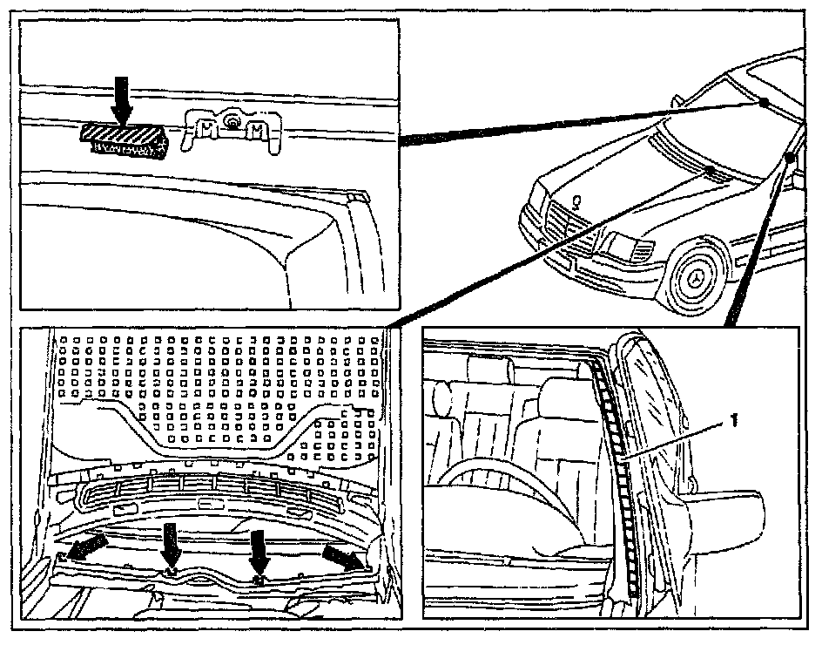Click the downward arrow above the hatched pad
click(122, 98)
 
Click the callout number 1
click(735, 421)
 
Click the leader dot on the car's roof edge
click(763, 102)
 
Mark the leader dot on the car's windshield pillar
click(789, 157)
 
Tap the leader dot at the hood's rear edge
click(712, 169)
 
